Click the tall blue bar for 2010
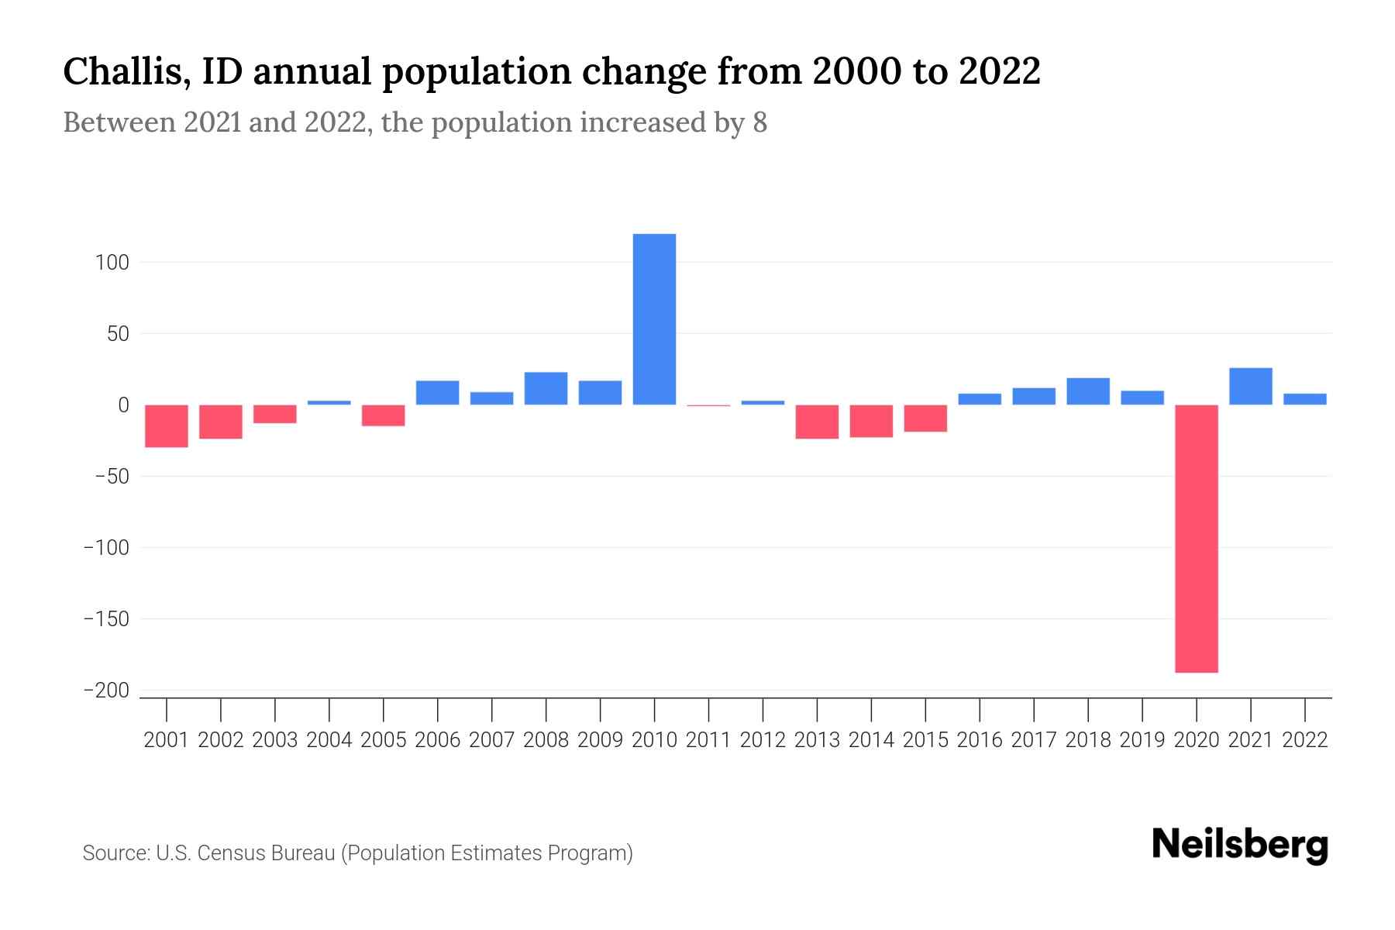[654, 319]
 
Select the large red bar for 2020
[1196, 539]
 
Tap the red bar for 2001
[167, 425]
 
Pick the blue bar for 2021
[1250, 386]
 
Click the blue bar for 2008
[546, 388]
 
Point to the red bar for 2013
[817, 422]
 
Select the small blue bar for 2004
[329, 402]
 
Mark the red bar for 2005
[384, 415]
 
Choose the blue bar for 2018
[1087, 391]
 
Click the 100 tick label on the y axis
[112, 263]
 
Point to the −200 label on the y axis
[106, 691]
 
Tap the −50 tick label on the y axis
[112, 477]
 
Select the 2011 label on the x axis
[708, 740]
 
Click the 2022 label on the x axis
[1304, 740]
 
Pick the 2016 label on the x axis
[980, 740]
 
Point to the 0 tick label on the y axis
[123, 405]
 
